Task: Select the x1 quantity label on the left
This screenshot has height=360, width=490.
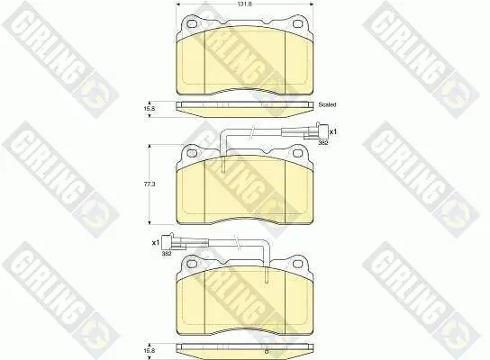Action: click(154, 242)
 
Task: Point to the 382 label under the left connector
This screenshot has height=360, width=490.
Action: click(166, 254)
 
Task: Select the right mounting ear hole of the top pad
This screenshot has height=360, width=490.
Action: click(296, 22)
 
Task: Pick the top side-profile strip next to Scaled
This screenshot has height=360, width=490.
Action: click(243, 105)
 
